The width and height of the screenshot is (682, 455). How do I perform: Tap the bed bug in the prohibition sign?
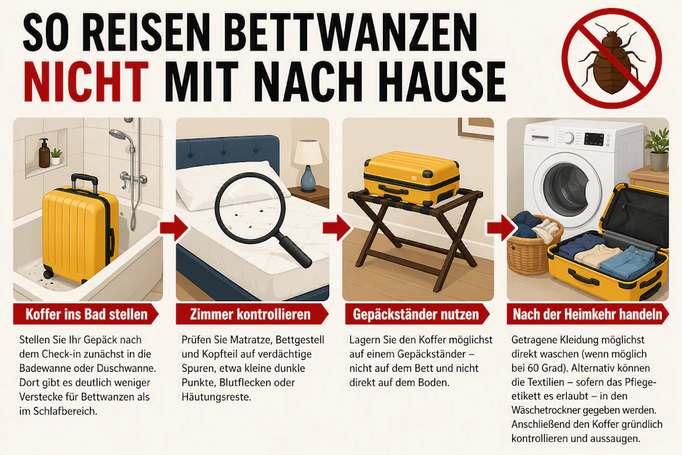[611, 60]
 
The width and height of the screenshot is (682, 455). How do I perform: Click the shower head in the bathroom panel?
[117, 135]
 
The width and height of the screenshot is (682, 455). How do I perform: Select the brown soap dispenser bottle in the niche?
[45, 153]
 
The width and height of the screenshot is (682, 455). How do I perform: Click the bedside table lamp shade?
[308, 152]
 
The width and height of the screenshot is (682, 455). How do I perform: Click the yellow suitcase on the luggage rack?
[411, 179]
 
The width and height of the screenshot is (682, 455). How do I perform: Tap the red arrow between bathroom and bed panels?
[173, 228]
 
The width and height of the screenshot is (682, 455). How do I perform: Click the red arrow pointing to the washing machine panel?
[501, 228]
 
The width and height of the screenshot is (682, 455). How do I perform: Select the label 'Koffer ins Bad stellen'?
[87, 314]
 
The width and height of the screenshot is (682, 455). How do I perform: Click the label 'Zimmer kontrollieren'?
[250, 314]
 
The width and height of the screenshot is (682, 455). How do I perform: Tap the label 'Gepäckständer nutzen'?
[416, 314]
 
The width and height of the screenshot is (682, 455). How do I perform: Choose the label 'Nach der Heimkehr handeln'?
[587, 314]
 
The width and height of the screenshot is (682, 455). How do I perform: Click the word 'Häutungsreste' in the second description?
[216, 397]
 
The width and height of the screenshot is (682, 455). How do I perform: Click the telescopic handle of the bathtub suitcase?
[85, 181]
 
